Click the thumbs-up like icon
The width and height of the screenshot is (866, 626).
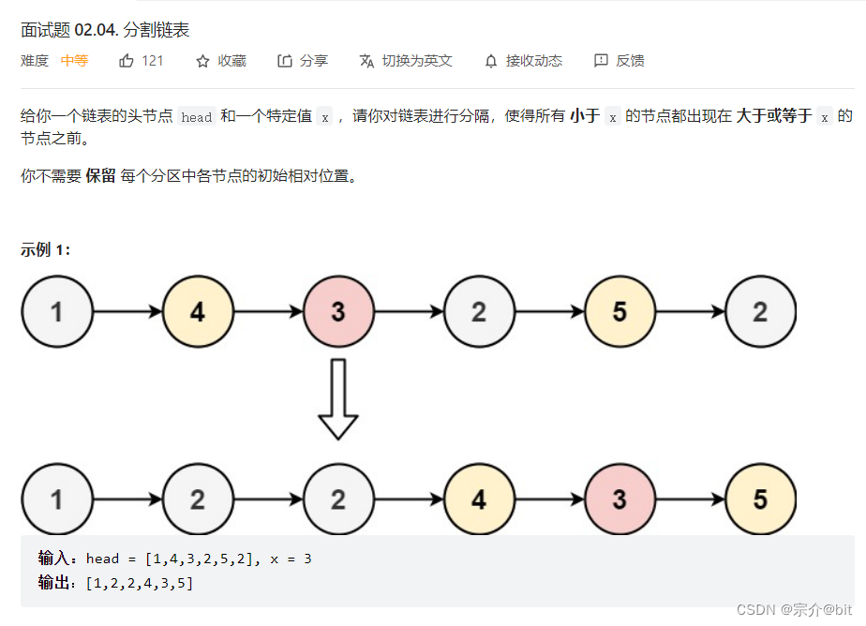coord(127,61)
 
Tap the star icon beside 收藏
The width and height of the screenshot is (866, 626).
coord(202,61)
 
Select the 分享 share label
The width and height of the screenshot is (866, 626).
coord(314,61)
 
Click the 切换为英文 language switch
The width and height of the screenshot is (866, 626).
coord(416,61)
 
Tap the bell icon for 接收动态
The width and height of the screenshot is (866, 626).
coord(491,61)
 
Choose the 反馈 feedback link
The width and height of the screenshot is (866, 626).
coord(630,61)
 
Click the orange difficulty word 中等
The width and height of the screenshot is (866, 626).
coord(75,61)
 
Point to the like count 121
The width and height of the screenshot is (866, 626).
coord(153,61)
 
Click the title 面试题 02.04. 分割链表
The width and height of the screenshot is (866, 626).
coord(105,30)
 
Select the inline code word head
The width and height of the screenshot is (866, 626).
coord(197,117)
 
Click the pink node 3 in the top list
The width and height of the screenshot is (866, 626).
coord(338,311)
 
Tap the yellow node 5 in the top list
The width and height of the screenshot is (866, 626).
coord(620,311)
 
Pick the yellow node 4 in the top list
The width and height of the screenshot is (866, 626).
coord(198,311)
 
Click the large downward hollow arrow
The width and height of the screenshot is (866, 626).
coord(338,399)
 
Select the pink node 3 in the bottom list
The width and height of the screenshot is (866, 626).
coord(620,499)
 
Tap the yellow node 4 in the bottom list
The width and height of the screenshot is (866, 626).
coord(479,499)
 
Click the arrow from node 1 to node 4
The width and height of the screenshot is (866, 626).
coord(127,311)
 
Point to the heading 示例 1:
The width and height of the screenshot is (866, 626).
coord(46,250)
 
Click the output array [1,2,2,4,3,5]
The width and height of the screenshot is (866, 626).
coord(140,583)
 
